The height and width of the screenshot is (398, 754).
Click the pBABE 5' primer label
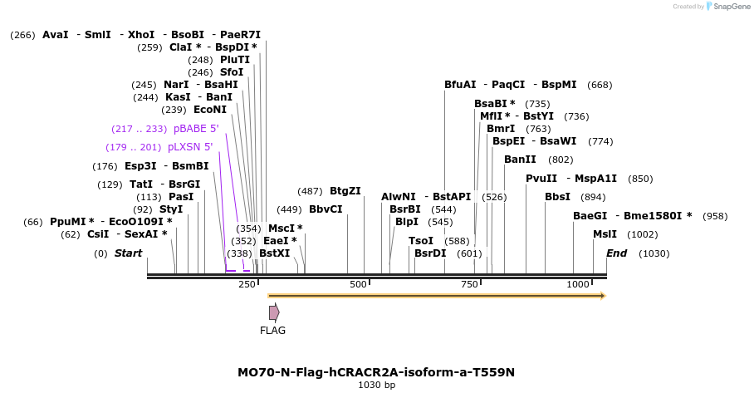tap(196, 129)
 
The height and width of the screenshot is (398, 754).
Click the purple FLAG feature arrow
tap(274, 312)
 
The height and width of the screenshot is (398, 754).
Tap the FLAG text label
tap(272, 331)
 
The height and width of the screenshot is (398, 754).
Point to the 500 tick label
tap(358, 285)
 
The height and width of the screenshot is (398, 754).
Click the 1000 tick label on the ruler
tap(578, 285)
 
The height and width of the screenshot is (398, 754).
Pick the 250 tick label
tap(247, 285)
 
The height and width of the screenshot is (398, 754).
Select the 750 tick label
tap(468, 285)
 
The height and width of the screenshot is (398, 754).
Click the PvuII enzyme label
tap(541, 179)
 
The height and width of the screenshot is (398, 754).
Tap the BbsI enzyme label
tap(557, 197)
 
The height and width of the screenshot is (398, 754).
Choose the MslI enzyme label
tap(605, 234)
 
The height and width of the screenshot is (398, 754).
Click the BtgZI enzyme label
tap(345, 191)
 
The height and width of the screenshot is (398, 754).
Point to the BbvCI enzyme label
tap(326, 209)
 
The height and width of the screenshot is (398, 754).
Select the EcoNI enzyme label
tap(209, 110)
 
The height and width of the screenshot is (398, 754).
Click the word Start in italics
tap(128, 253)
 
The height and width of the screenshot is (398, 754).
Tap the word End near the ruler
tap(617, 253)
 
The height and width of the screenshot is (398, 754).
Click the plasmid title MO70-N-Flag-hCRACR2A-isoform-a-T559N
tap(376, 371)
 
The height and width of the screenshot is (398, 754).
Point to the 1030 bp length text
tap(376, 386)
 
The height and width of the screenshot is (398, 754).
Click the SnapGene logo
tap(726, 7)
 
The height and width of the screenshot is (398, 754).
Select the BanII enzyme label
tap(520, 160)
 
